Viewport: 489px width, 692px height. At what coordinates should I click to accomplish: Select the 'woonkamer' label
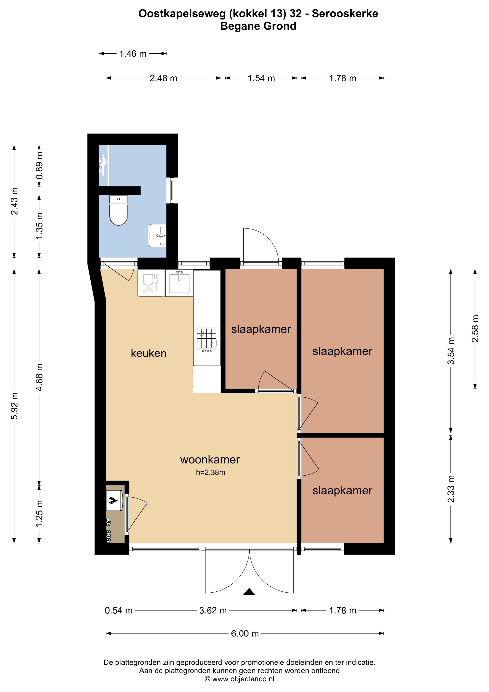(210, 460)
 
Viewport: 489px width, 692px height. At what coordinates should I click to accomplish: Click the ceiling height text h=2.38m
(211, 472)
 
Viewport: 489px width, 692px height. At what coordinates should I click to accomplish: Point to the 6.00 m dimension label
(245, 634)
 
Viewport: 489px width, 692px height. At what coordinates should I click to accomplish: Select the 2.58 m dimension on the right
(475, 329)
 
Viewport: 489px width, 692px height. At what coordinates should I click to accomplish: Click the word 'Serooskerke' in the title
(345, 14)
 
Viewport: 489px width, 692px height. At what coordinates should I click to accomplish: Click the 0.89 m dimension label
(39, 165)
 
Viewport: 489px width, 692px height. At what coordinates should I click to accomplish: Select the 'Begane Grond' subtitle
(258, 26)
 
